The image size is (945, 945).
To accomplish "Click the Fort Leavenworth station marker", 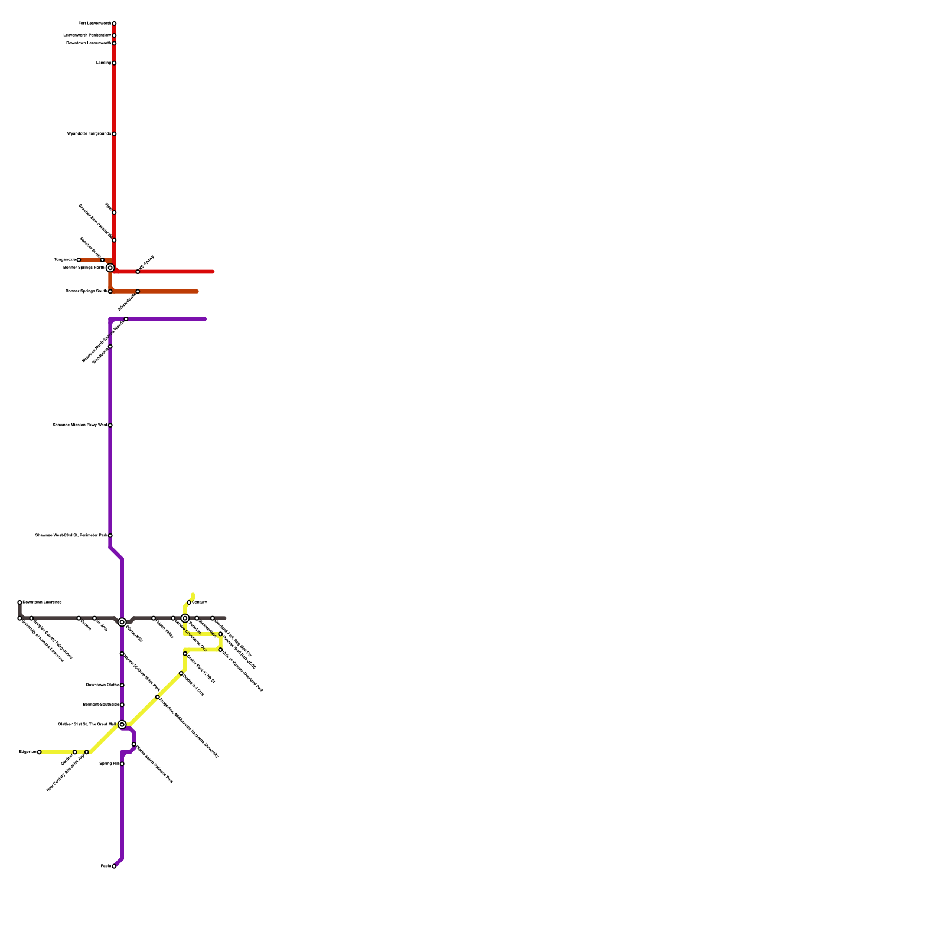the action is (114, 24).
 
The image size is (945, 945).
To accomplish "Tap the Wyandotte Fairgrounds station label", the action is (89, 134).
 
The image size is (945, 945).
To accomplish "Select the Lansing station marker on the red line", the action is (114, 63).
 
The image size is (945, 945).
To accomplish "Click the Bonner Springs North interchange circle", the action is (110, 268).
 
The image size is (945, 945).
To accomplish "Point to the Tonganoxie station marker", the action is (79, 260).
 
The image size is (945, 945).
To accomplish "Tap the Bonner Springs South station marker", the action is (110, 292).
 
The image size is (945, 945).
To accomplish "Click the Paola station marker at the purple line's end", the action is (114, 866).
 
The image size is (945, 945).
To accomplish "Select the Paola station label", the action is (106, 866).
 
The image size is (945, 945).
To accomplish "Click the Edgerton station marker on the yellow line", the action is (39, 752).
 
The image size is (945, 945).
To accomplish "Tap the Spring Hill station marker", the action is (122, 764).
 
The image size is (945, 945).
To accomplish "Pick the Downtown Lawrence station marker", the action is (19, 602).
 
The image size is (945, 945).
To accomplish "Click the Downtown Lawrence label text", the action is (42, 602).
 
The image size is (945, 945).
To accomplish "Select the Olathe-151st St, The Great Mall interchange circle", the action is (122, 725).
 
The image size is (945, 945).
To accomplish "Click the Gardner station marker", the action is (74, 752).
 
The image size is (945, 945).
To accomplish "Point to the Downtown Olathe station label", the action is (103, 685).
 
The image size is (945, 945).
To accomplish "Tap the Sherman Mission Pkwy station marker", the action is (110, 425).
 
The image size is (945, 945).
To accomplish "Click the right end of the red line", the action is (213, 272).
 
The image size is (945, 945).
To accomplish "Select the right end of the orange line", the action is (197, 292).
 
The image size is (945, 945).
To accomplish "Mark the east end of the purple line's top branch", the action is (205, 319).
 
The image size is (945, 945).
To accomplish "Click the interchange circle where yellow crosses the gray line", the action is (185, 618).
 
